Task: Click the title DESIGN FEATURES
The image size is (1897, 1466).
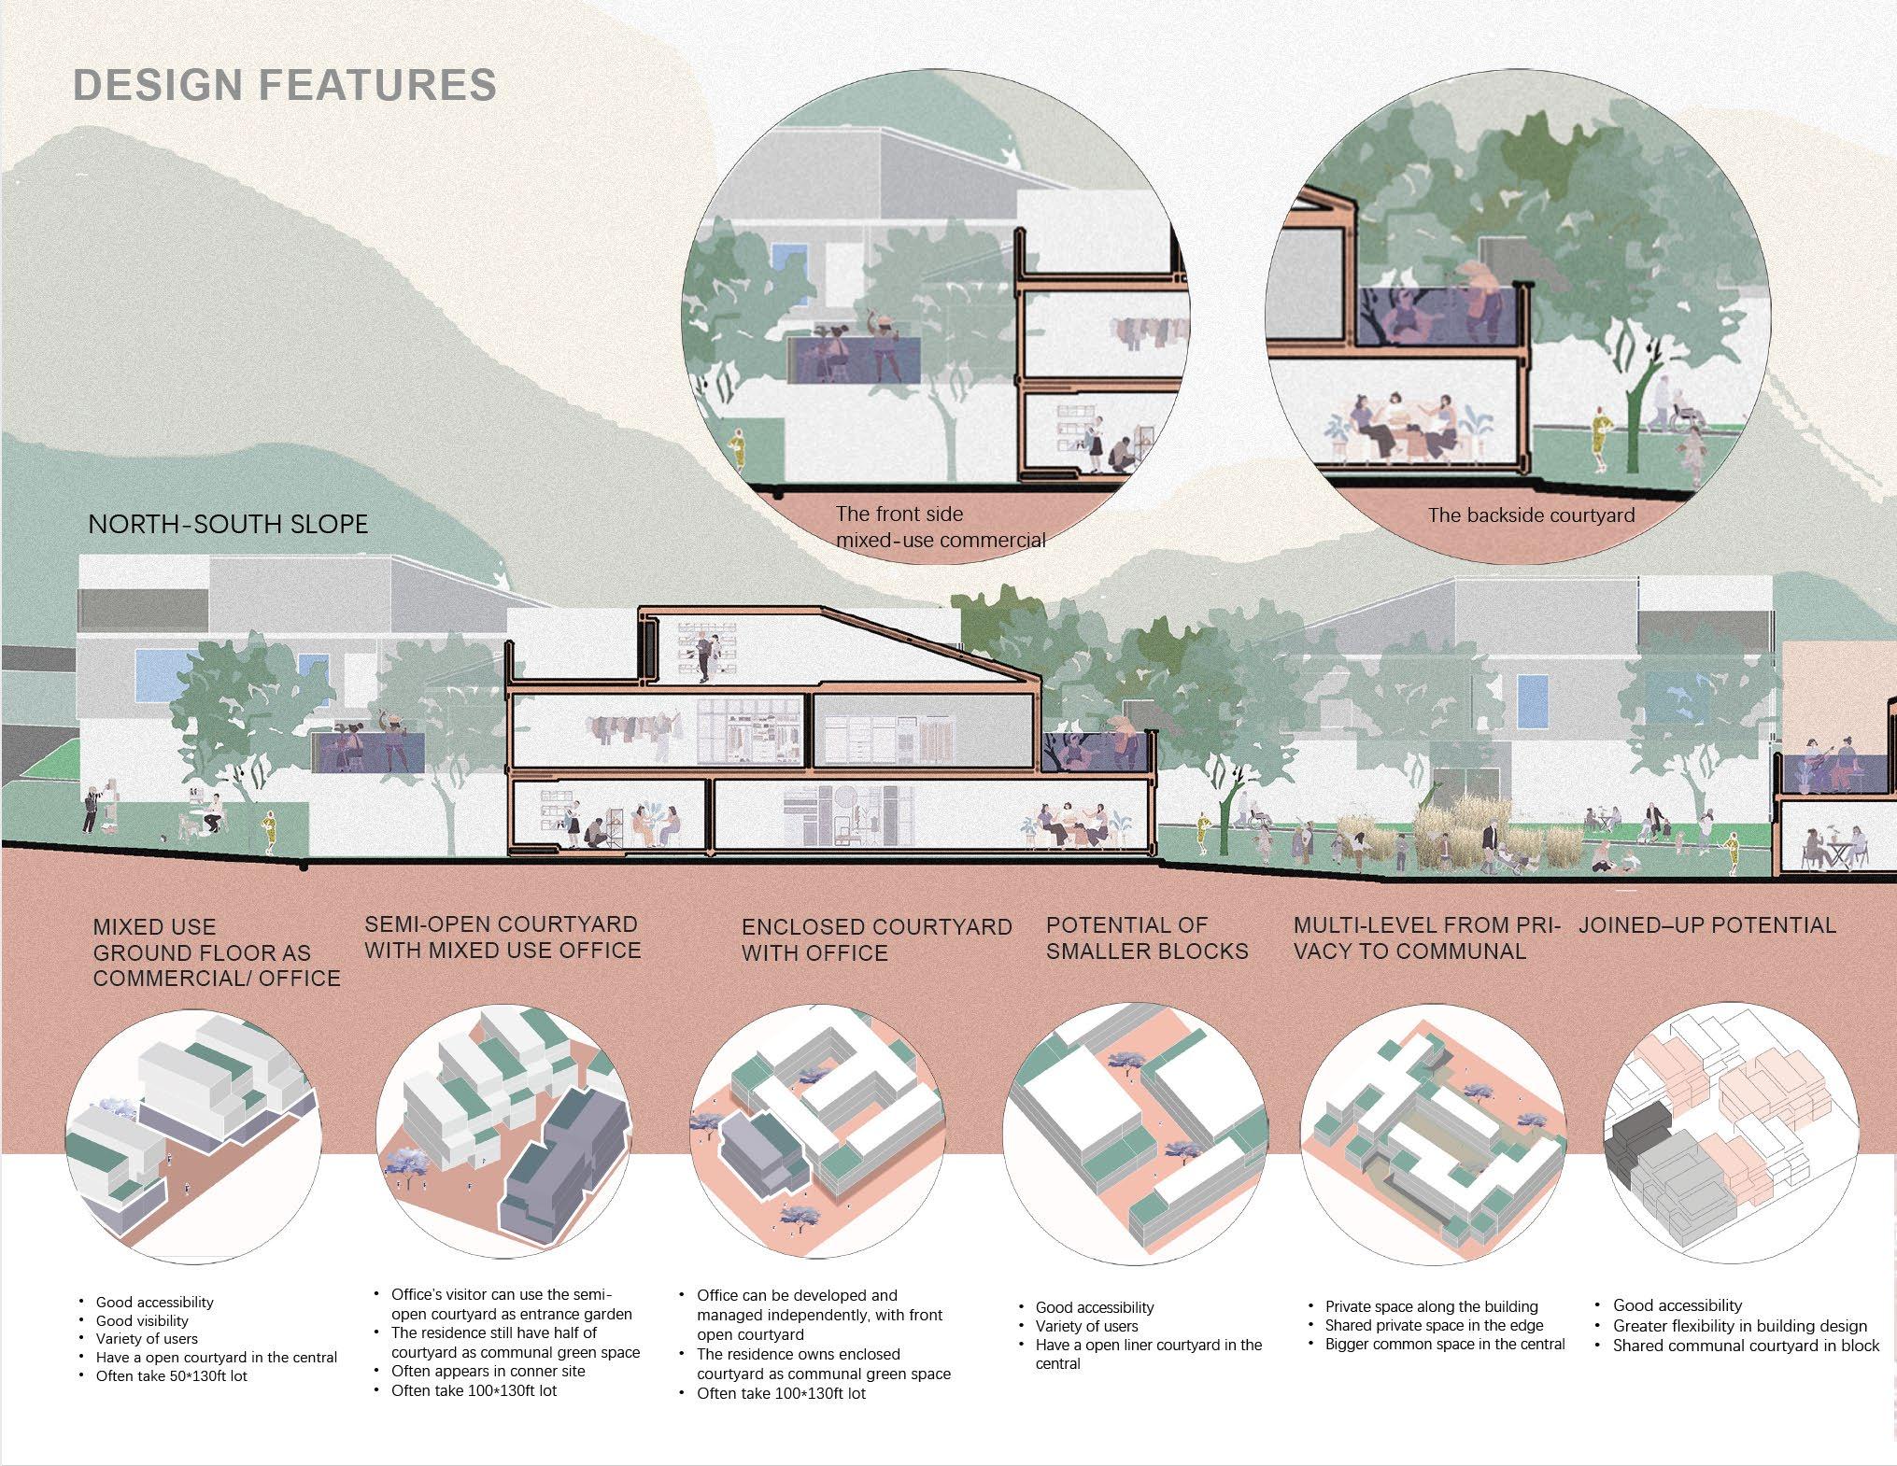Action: tap(285, 85)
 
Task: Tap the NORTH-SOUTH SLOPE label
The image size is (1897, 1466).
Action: tap(228, 524)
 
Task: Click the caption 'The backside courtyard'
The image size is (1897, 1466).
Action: tap(1531, 515)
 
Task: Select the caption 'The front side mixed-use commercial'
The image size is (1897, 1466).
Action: tap(940, 527)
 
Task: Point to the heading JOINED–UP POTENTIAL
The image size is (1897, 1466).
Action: tap(1707, 925)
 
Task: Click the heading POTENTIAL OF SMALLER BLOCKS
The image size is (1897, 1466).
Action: tap(1147, 938)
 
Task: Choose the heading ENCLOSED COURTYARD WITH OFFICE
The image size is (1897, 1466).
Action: tap(877, 940)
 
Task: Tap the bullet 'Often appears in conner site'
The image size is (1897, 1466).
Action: tap(488, 1371)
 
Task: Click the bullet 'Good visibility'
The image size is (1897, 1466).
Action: tap(142, 1320)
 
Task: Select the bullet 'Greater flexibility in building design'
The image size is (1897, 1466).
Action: tap(1739, 1326)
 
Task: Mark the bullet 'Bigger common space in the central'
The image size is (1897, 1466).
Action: tap(1445, 1345)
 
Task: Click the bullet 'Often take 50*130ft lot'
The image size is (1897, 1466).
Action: tap(171, 1375)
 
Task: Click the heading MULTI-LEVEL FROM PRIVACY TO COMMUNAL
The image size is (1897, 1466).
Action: tap(1425, 938)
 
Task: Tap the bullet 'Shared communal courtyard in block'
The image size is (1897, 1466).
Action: tap(1746, 1346)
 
